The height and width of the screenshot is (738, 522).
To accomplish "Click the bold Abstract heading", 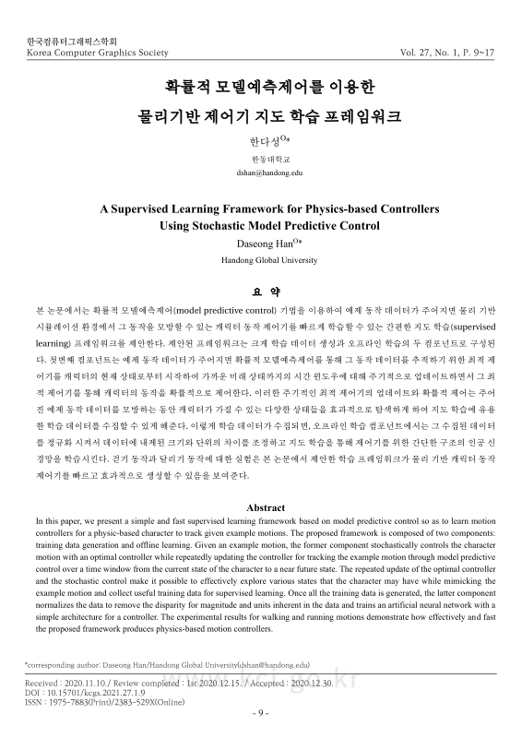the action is pos(262,508).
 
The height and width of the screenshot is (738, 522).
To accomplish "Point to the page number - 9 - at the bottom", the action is pos(262,712).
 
